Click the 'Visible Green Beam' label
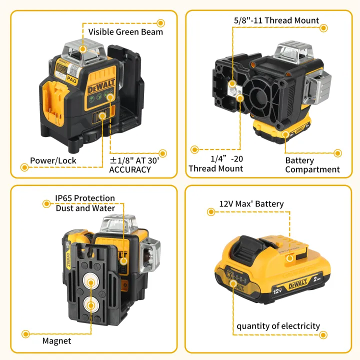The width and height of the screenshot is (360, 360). pos(125,32)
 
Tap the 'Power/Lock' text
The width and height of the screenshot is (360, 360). pos(53,160)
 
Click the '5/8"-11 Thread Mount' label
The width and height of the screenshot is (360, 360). pos(276,20)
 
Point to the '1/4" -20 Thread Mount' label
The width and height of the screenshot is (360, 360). pos(215,163)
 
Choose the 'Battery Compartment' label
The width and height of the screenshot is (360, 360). pos(312,165)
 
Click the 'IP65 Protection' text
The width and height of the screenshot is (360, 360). pos(85,198)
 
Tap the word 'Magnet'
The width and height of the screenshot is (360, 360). pos(56,341)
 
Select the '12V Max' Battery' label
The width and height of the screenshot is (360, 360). pos(251,204)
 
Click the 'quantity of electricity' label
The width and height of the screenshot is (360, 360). pos(278,326)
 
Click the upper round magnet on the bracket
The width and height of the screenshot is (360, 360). pos(91,282)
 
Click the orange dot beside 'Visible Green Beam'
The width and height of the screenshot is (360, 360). pos(160,23)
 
